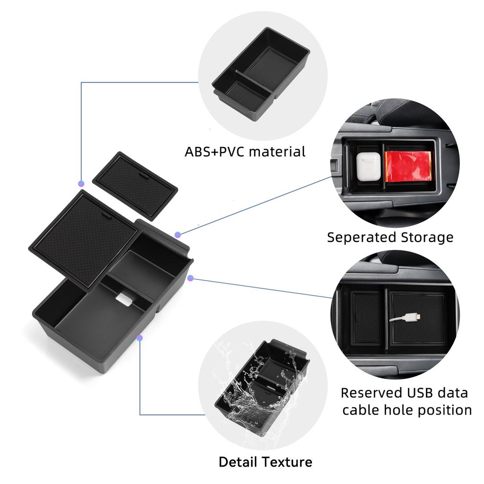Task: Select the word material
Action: click(x=277, y=152)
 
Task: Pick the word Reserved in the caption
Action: click(x=372, y=393)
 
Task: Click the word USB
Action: click(x=421, y=393)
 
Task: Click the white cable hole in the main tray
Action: click(x=124, y=299)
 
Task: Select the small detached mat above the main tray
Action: click(x=135, y=186)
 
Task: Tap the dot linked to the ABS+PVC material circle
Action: click(x=81, y=184)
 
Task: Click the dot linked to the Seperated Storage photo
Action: click(x=178, y=235)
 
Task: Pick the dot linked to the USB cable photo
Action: click(x=190, y=278)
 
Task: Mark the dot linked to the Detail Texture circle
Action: click(x=139, y=337)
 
